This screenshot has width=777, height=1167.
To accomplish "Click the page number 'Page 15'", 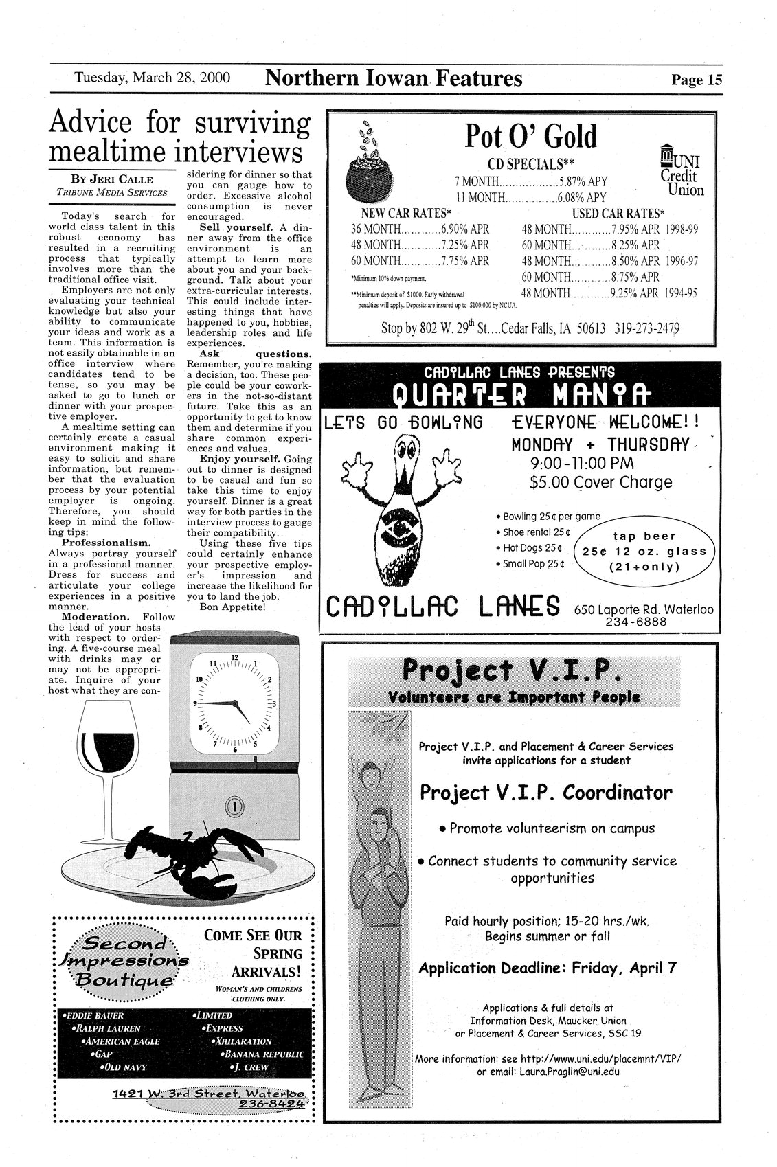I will tap(697, 80).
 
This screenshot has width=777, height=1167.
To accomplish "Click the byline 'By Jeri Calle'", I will tap(112, 180).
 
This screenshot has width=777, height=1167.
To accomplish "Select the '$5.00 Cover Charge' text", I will tap(600, 482).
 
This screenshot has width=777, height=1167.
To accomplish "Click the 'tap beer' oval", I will tap(644, 552).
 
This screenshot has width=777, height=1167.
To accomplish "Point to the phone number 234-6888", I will tap(635, 622).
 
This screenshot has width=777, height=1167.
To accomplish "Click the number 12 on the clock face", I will tap(234, 658).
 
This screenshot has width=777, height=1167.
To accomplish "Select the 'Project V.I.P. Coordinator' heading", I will tap(546, 793).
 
